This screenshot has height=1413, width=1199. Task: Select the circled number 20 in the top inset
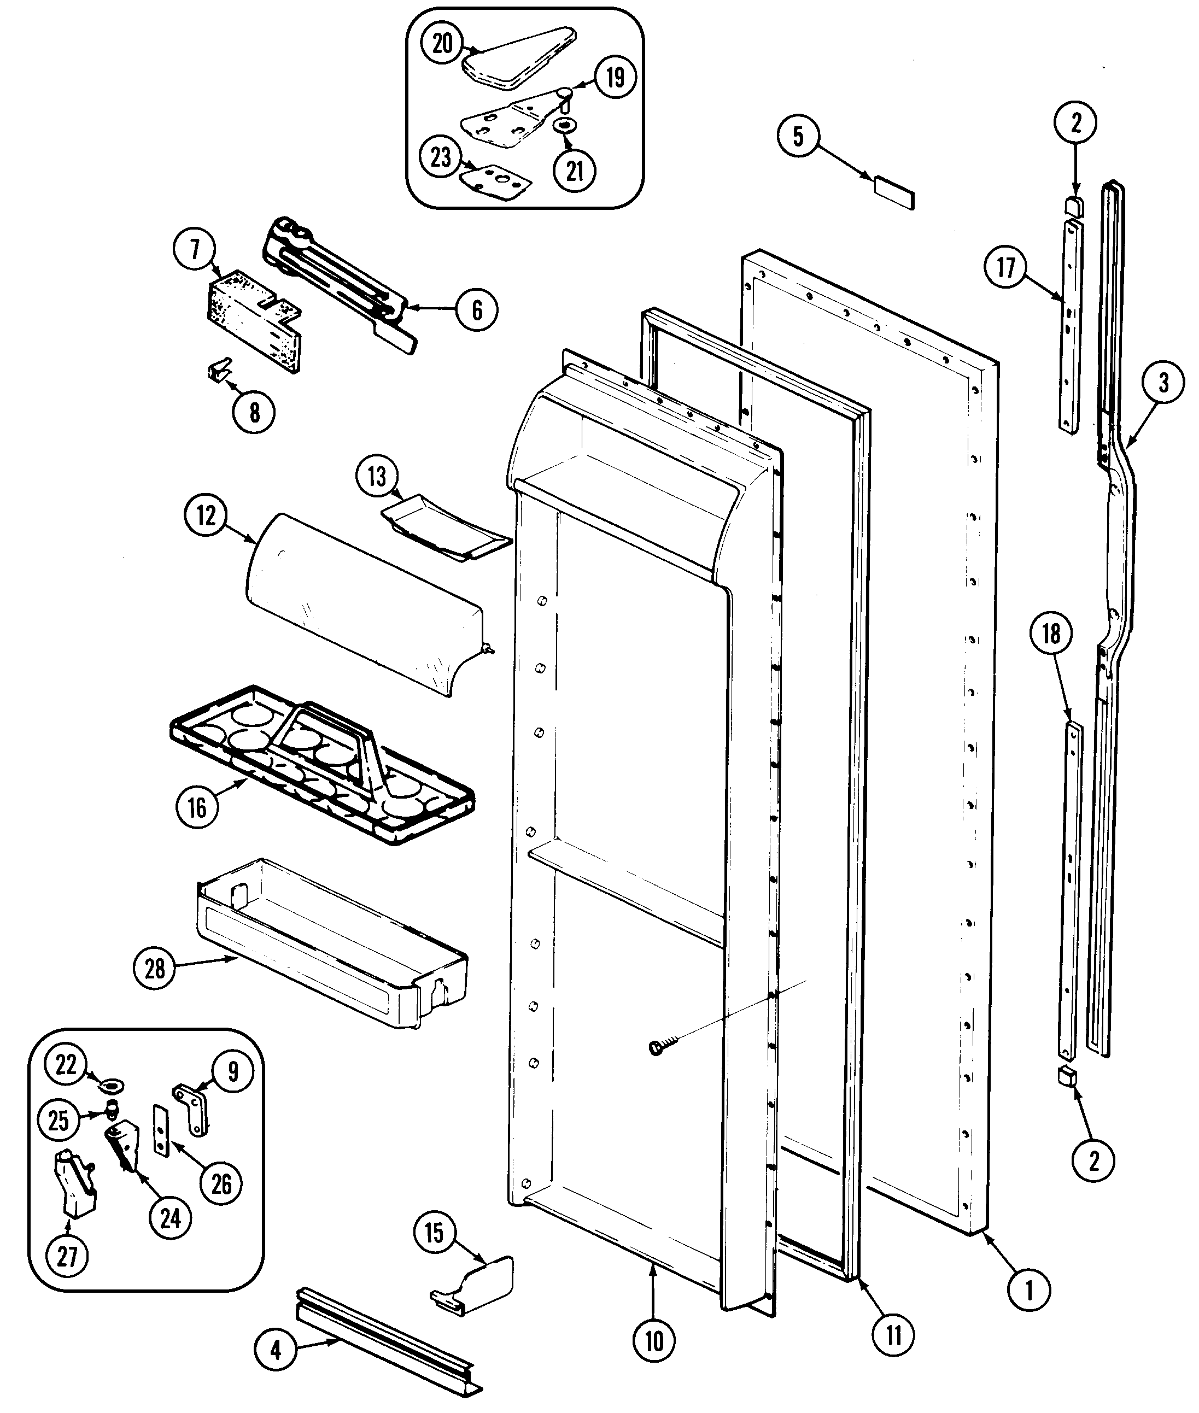tap(442, 44)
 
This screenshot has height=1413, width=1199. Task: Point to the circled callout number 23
tap(442, 157)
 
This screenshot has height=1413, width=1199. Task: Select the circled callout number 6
tap(476, 310)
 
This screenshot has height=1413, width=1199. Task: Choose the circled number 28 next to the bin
tap(155, 969)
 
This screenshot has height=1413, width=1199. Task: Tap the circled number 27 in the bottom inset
tap(67, 1257)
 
